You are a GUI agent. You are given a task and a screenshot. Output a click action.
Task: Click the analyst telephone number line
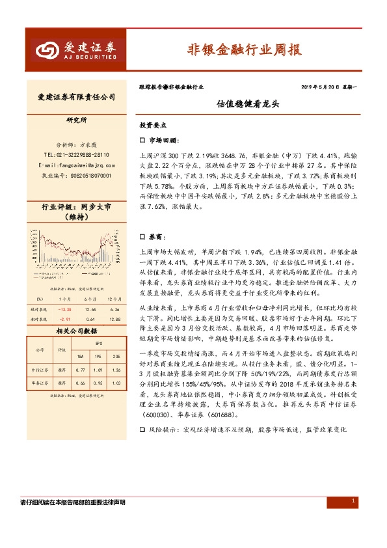point(76,155)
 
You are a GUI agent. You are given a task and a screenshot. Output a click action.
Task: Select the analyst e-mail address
point(76,165)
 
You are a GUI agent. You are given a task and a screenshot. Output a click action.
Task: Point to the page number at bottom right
point(353,500)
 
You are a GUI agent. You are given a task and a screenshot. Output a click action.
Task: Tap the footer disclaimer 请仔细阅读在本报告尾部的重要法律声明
point(73,502)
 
